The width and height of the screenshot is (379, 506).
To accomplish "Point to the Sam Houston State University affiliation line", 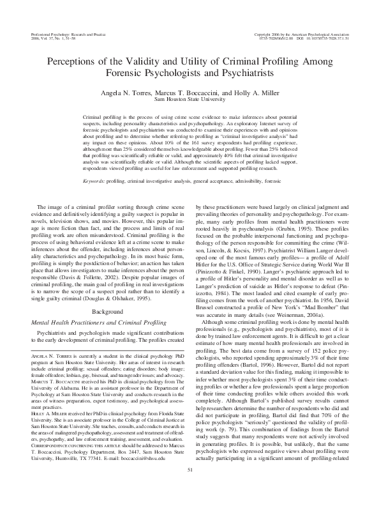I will (189, 100).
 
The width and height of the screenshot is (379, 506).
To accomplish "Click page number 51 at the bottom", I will (189, 488).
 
